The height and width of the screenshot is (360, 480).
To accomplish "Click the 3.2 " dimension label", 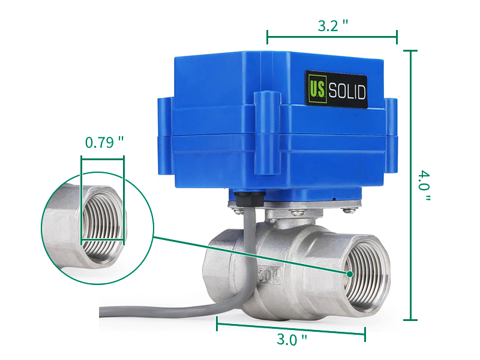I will click(x=332, y=26).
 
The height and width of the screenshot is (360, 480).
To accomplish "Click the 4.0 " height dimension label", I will click(x=425, y=185).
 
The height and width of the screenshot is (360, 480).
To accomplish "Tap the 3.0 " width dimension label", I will click(x=292, y=340).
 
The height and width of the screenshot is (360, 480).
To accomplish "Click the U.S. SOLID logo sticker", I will click(x=336, y=90).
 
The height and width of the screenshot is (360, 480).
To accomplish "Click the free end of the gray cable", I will click(x=103, y=312).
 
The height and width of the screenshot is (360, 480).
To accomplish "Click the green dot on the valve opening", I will click(x=349, y=274).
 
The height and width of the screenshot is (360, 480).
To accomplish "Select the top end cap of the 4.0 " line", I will click(x=410, y=51).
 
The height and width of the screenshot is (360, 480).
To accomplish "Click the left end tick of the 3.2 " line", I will click(x=268, y=37).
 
